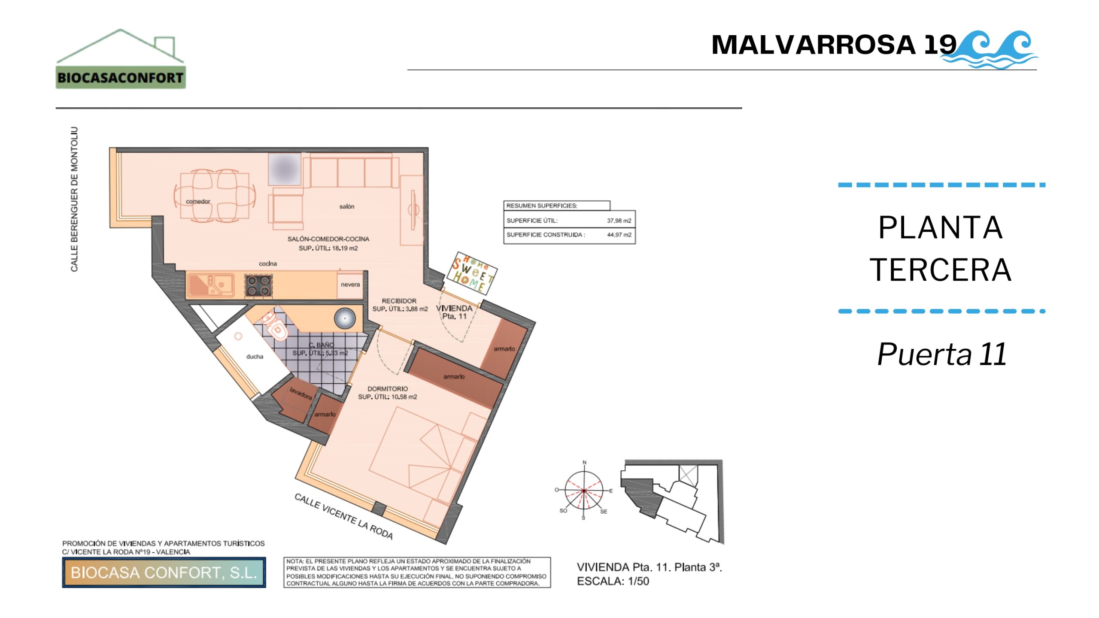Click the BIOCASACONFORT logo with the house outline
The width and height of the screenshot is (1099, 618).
point(121,59)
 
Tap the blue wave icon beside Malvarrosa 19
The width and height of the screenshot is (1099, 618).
point(991,49)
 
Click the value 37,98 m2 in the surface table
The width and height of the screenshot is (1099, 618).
point(619,221)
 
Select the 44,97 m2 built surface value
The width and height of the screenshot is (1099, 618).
point(619,235)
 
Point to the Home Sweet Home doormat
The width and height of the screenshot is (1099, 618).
point(472,273)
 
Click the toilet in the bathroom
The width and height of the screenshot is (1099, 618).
point(275,327)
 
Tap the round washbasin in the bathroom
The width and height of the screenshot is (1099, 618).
point(345,318)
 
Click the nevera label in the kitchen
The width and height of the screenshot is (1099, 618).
point(350,285)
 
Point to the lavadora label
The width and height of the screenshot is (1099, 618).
point(301,394)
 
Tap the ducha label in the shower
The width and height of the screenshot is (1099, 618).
point(255,357)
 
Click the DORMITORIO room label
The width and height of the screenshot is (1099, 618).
point(388,389)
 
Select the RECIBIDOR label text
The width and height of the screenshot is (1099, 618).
point(399,301)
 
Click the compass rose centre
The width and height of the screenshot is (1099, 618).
point(584,490)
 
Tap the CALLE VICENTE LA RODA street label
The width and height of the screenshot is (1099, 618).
point(343,516)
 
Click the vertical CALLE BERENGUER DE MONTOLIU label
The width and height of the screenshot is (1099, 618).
point(75,199)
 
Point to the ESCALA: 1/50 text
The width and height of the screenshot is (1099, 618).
point(613,582)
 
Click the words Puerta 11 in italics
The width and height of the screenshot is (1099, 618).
point(942,354)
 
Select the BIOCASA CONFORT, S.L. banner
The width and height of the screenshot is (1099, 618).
point(164,573)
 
